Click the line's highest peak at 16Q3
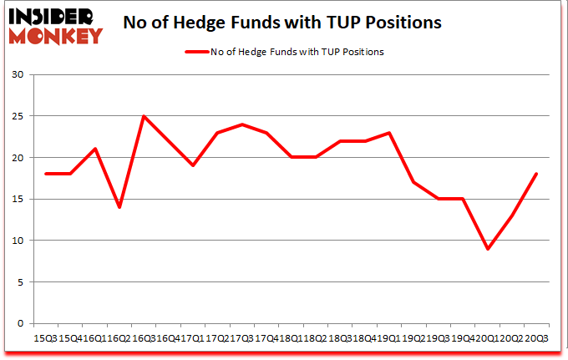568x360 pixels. click(144, 116)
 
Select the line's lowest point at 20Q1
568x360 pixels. click(487, 249)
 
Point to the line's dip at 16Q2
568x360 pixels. click(119, 207)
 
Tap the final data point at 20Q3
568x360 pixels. click(536, 174)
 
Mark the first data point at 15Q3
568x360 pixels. click(46, 174)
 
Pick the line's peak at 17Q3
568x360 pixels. click(242, 124)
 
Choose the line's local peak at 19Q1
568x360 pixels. click(389, 133)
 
